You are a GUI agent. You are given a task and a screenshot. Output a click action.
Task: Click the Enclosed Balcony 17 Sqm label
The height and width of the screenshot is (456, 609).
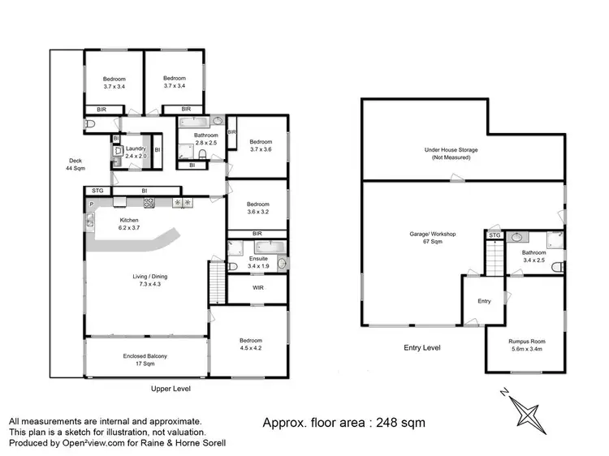coord(145,360)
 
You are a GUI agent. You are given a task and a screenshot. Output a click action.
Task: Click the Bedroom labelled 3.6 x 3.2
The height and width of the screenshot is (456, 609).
coord(258,209)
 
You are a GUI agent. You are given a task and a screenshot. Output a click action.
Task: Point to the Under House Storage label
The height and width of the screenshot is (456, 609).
coord(451,153)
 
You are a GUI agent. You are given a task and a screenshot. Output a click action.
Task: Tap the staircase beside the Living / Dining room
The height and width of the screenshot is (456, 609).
coord(216,285)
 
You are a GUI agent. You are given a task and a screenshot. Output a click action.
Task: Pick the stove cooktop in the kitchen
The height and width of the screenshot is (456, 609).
coord(150,203)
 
